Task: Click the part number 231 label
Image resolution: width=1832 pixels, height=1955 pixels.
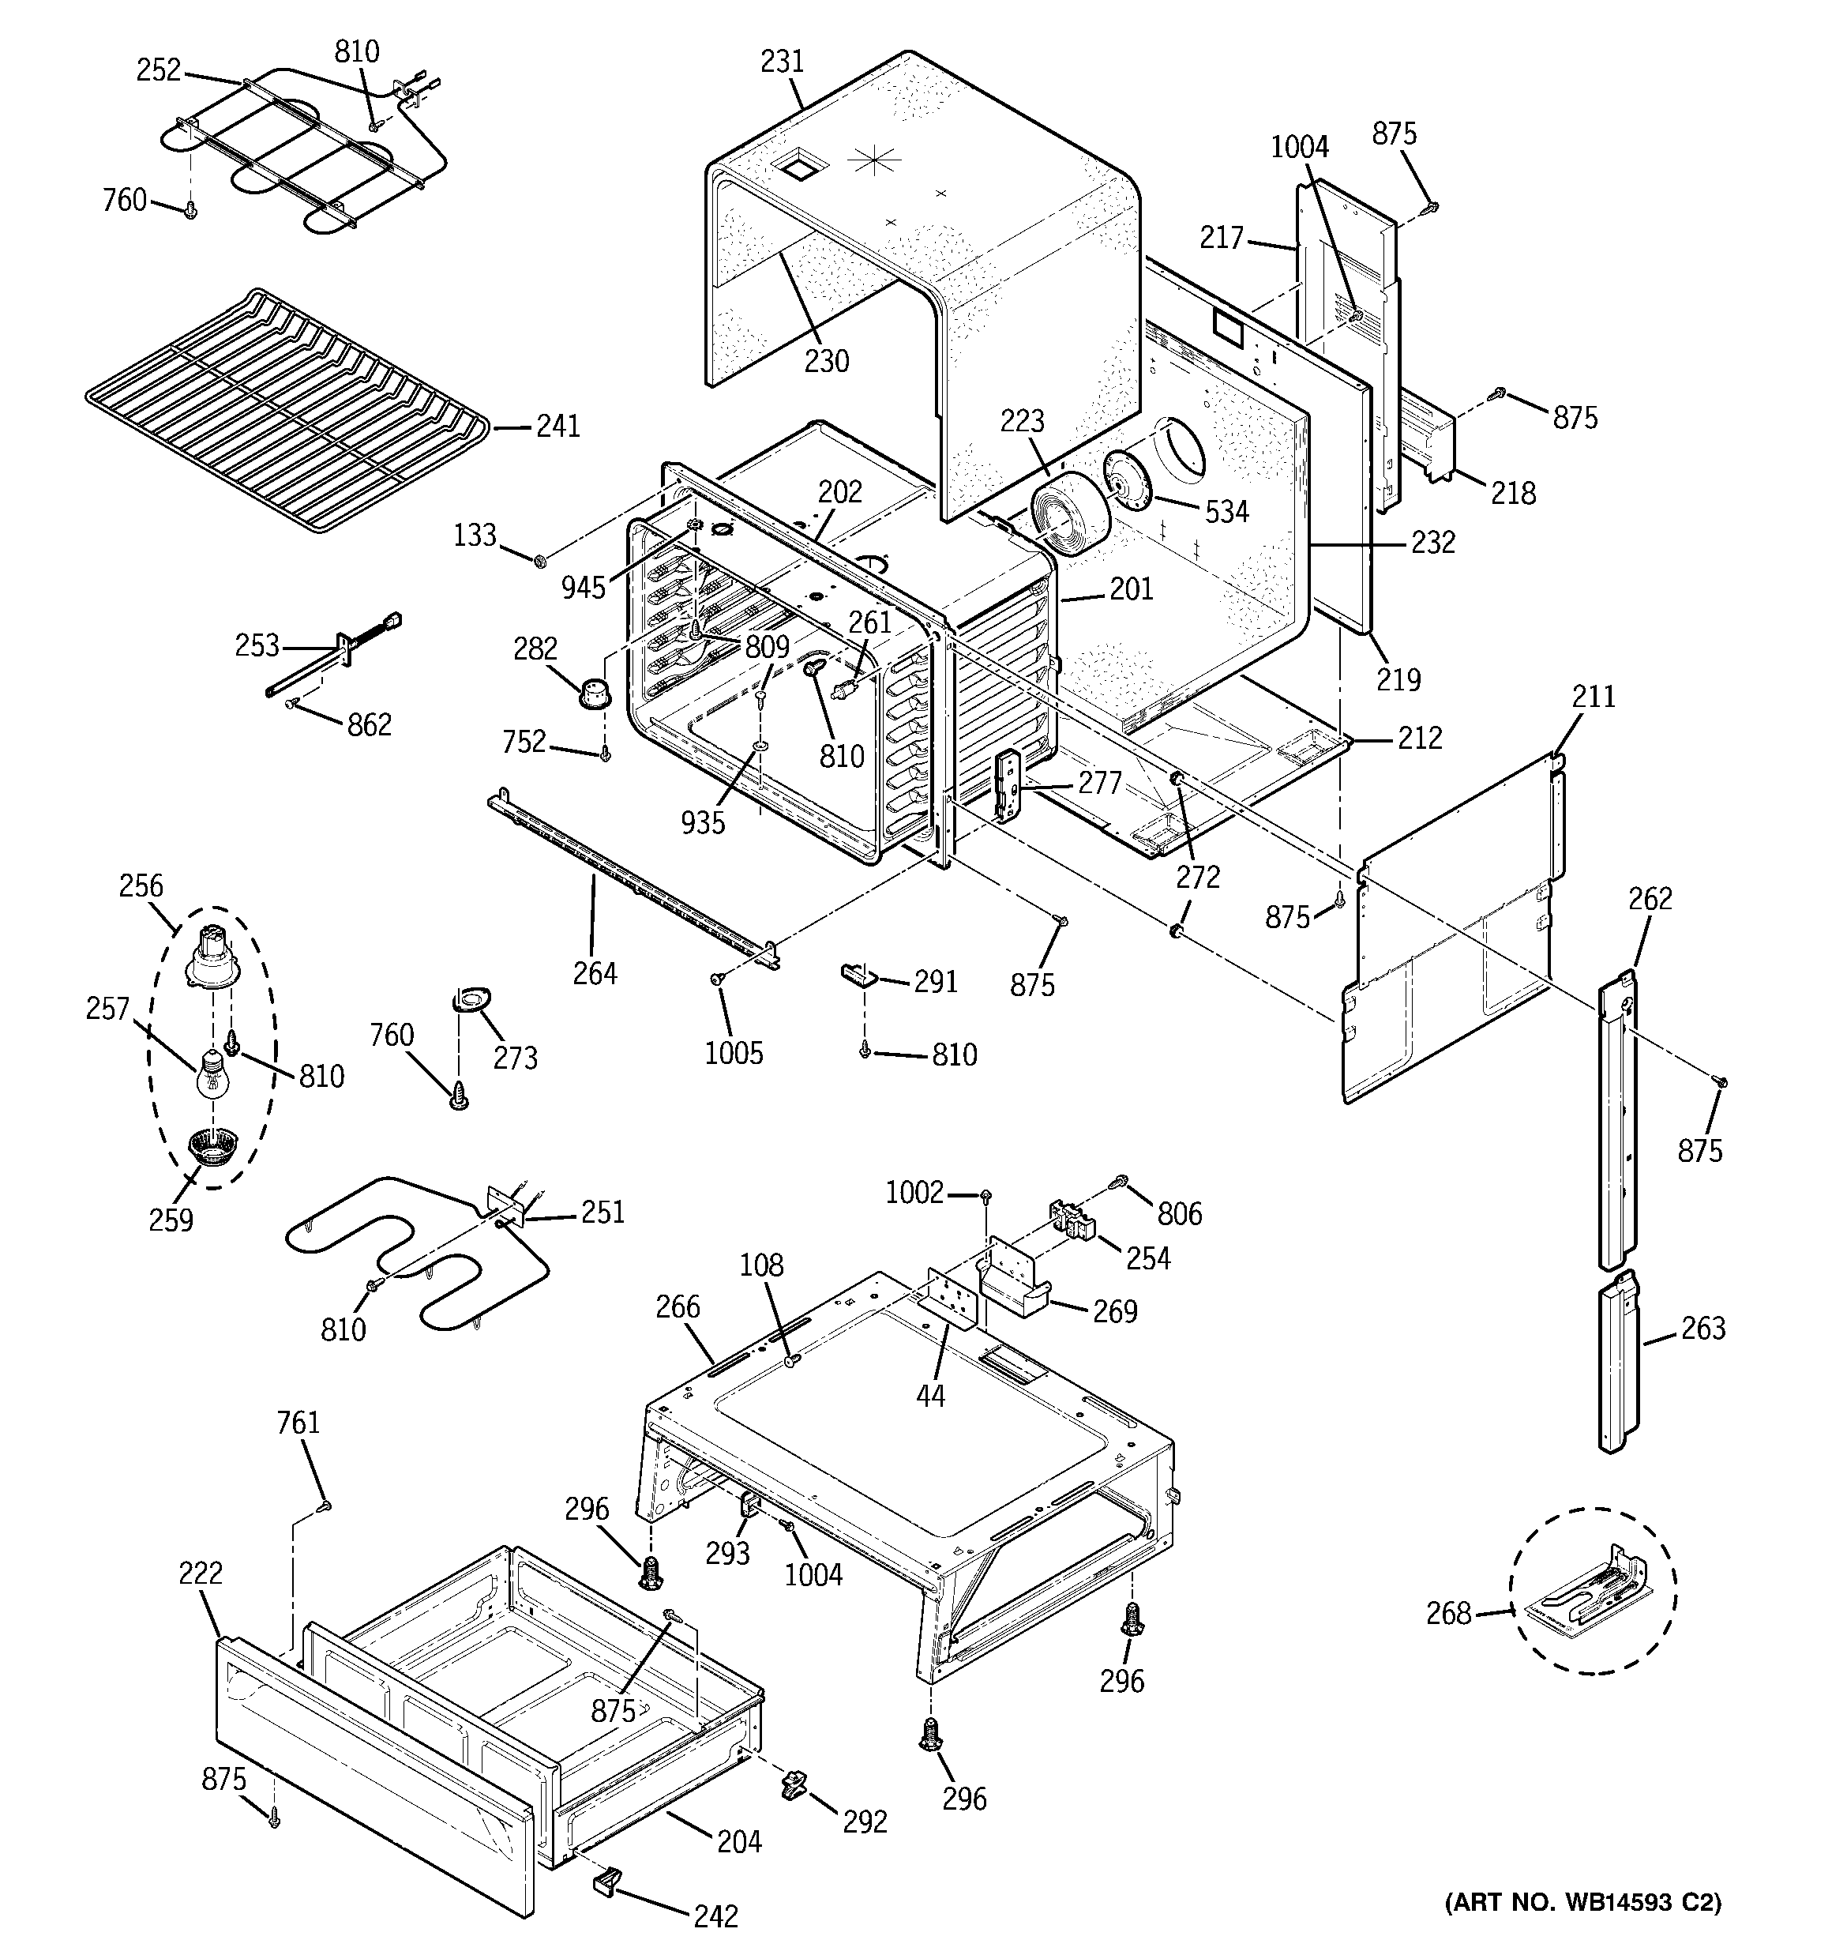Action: (782, 62)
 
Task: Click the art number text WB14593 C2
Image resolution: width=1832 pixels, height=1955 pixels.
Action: (1582, 1930)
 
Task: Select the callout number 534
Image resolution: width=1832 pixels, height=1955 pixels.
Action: (1226, 511)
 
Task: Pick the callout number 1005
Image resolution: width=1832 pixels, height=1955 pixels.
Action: (734, 1053)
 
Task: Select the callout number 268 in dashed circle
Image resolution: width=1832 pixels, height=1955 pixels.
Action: (1448, 1613)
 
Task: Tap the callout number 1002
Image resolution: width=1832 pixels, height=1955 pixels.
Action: (914, 1193)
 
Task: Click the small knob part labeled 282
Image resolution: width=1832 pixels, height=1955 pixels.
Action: (593, 690)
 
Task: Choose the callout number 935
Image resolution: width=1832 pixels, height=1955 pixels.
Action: (703, 822)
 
